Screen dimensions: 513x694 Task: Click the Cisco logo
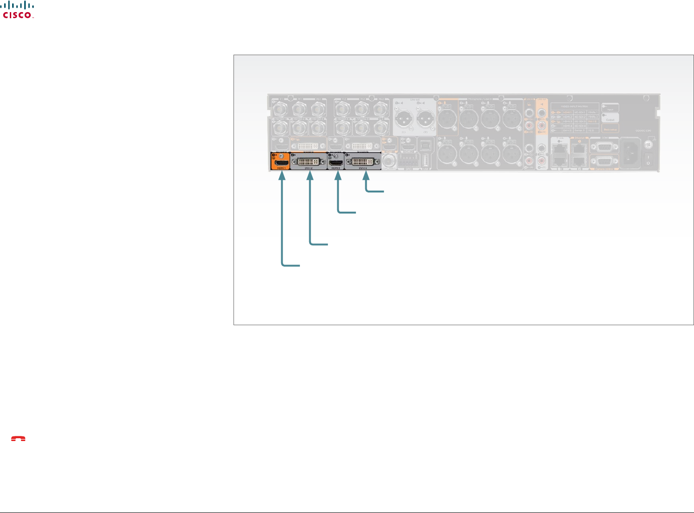coord(18,10)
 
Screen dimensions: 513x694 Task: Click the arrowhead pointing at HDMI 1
coord(282,176)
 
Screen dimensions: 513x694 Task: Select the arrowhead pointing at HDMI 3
coord(338,176)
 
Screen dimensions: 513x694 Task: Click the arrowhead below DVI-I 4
coord(366,176)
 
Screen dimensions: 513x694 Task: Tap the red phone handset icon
coord(18,439)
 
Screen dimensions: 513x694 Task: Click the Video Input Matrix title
coord(574,107)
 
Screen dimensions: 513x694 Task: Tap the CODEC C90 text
coord(643,131)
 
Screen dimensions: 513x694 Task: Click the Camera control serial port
coord(604,161)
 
